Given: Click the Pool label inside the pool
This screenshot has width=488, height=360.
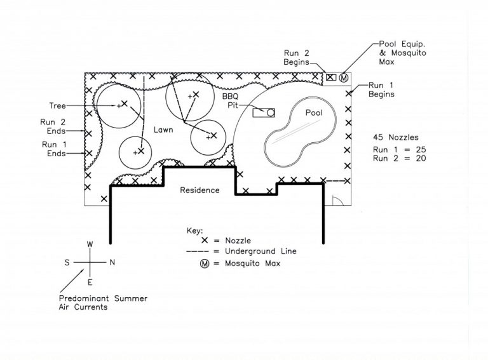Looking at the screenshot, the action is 314,112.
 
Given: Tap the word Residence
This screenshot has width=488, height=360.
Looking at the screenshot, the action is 200,190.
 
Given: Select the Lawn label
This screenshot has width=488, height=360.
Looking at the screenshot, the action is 163,130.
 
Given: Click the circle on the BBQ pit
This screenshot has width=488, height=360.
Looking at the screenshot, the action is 271,112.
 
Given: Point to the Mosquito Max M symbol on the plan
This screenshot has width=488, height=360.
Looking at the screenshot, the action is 344,77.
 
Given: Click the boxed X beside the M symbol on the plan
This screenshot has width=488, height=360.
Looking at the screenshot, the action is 331,77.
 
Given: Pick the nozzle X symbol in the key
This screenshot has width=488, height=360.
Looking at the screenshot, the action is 205,240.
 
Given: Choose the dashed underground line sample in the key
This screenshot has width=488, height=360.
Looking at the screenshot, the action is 198,251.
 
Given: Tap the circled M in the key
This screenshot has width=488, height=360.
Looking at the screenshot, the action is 205,263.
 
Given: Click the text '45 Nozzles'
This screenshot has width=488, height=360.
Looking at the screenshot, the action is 396,137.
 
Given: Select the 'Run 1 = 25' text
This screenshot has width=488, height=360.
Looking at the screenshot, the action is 399,150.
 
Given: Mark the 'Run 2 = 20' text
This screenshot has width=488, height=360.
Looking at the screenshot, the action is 399,158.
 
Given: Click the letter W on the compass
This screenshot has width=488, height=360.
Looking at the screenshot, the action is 90,244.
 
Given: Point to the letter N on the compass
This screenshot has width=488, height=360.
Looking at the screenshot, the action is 112,262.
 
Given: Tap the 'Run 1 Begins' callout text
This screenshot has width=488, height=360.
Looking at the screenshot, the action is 381,90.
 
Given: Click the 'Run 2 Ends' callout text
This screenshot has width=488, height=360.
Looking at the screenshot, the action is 53,126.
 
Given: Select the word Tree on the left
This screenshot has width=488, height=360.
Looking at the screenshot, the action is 58,105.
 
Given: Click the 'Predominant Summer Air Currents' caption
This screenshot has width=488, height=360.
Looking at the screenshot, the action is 103,303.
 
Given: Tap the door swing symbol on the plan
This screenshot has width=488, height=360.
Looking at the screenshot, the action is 338,201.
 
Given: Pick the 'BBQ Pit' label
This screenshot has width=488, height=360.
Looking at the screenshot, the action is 230,101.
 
